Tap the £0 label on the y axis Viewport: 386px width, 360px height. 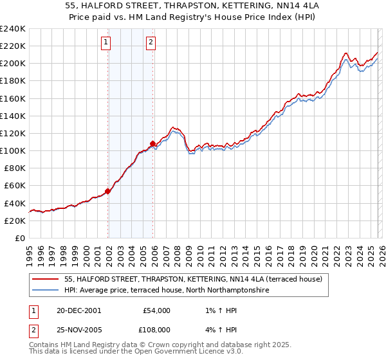pos(19,238)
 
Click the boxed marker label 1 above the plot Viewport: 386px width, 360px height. pos(105,43)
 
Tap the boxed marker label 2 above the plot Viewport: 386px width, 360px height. pos(151,43)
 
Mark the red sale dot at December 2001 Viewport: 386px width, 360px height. pos(108,190)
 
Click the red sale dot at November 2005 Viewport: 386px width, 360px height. pos(152,143)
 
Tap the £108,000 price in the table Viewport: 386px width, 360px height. pos(156,328)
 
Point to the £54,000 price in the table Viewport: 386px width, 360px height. pos(156,310)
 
